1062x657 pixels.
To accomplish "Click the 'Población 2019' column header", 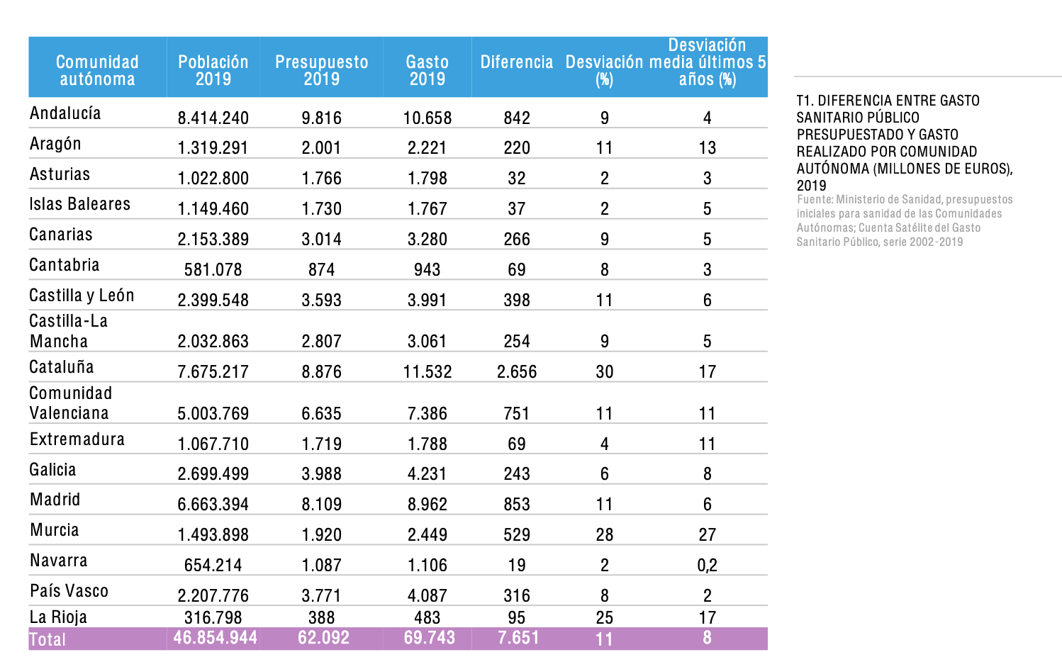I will (x=213, y=70).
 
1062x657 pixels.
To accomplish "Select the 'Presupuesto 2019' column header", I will (x=321, y=70).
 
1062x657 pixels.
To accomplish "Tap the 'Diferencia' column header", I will (x=516, y=62).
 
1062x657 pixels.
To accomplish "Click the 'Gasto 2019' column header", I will (x=427, y=70).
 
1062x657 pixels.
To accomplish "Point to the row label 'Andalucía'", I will (x=65, y=113).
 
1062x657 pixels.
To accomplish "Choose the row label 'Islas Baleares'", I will (x=79, y=204).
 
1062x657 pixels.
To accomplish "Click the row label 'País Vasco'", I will (x=69, y=591).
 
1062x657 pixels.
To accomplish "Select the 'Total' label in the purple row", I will (x=47, y=639).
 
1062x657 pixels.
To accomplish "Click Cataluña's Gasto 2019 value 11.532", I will (x=427, y=371).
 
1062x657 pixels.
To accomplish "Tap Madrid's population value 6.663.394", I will (x=213, y=504).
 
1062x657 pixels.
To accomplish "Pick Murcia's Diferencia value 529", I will (x=516, y=534).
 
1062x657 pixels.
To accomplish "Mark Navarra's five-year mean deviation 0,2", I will (x=707, y=565).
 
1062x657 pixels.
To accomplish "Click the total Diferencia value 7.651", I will (x=518, y=638).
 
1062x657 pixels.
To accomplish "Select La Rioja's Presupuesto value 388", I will (x=321, y=617).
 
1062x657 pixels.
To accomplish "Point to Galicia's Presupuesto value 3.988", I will (x=321, y=473).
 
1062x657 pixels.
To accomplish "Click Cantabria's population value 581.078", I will (x=213, y=269).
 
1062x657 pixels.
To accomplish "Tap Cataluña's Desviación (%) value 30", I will (x=604, y=371).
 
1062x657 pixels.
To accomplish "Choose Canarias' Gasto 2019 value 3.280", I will (x=427, y=239).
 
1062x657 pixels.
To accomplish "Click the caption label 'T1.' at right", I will (x=805, y=101).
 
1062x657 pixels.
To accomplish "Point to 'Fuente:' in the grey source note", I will (x=814, y=200).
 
